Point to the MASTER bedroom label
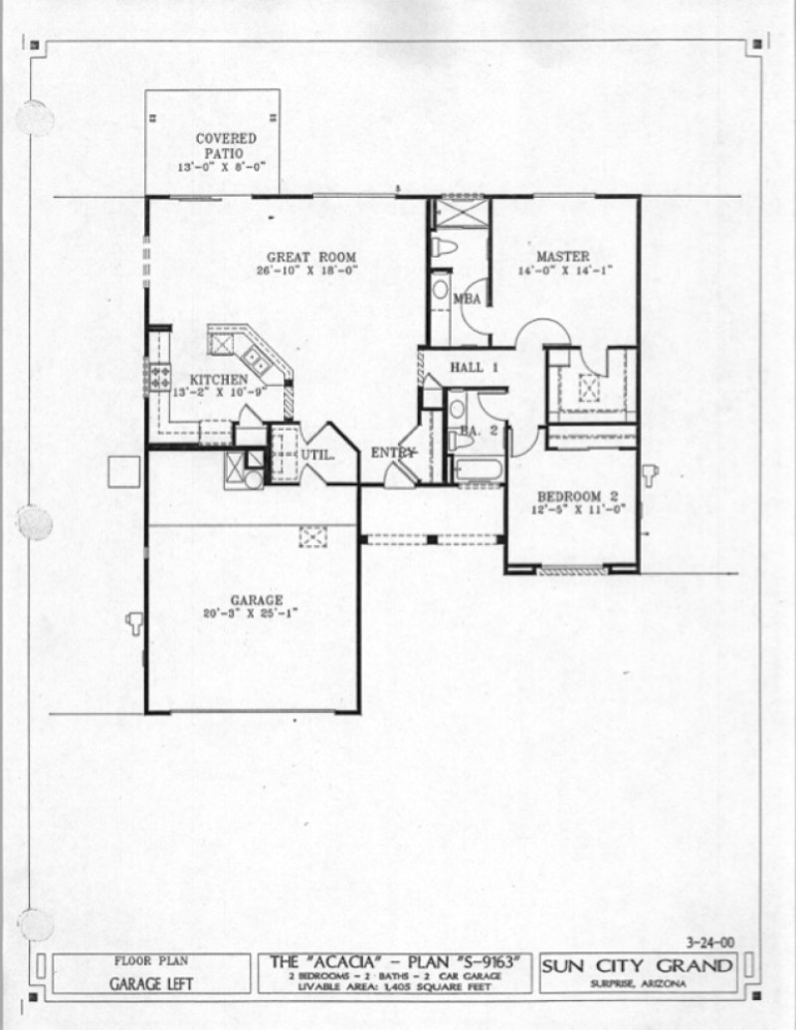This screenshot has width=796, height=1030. pyautogui.click(x=562, y=257)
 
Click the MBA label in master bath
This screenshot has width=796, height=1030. pyautogui.click(x=468, y=298)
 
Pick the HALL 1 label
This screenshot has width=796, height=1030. pyautogui.click(x=474, y=368)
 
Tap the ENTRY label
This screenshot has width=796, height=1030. pyautogui.click(x=392, y=453)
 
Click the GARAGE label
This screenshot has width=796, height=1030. pyautogui.click(x=257, y=601)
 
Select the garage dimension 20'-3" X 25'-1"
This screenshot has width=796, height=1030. pyautogui.click(x=257, y=613)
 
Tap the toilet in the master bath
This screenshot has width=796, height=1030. pyautogui.click(x=444, y=247)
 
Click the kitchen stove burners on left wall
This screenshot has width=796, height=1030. pyautogui.click(x=158, y=376)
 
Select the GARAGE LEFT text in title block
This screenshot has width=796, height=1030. pyautogui.click(x=151, y=984)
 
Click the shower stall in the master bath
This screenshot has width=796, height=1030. pyautogui.click(x=461, y=213)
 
